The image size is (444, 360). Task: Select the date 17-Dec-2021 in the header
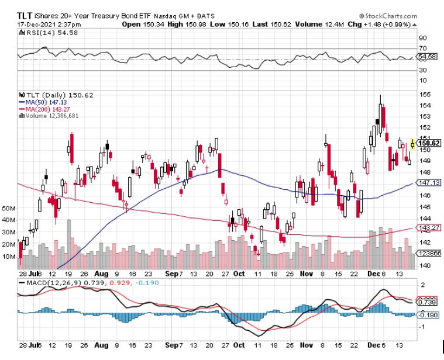[33, 25]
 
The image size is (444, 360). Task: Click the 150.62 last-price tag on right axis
[429, 143]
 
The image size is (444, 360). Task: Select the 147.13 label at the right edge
[429, 183]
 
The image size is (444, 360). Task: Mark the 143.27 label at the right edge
[429, 227]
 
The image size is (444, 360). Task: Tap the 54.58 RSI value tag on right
[429, 57]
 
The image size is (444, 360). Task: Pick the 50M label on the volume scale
[9, 208]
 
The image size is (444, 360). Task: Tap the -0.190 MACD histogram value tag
[429, 314]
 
